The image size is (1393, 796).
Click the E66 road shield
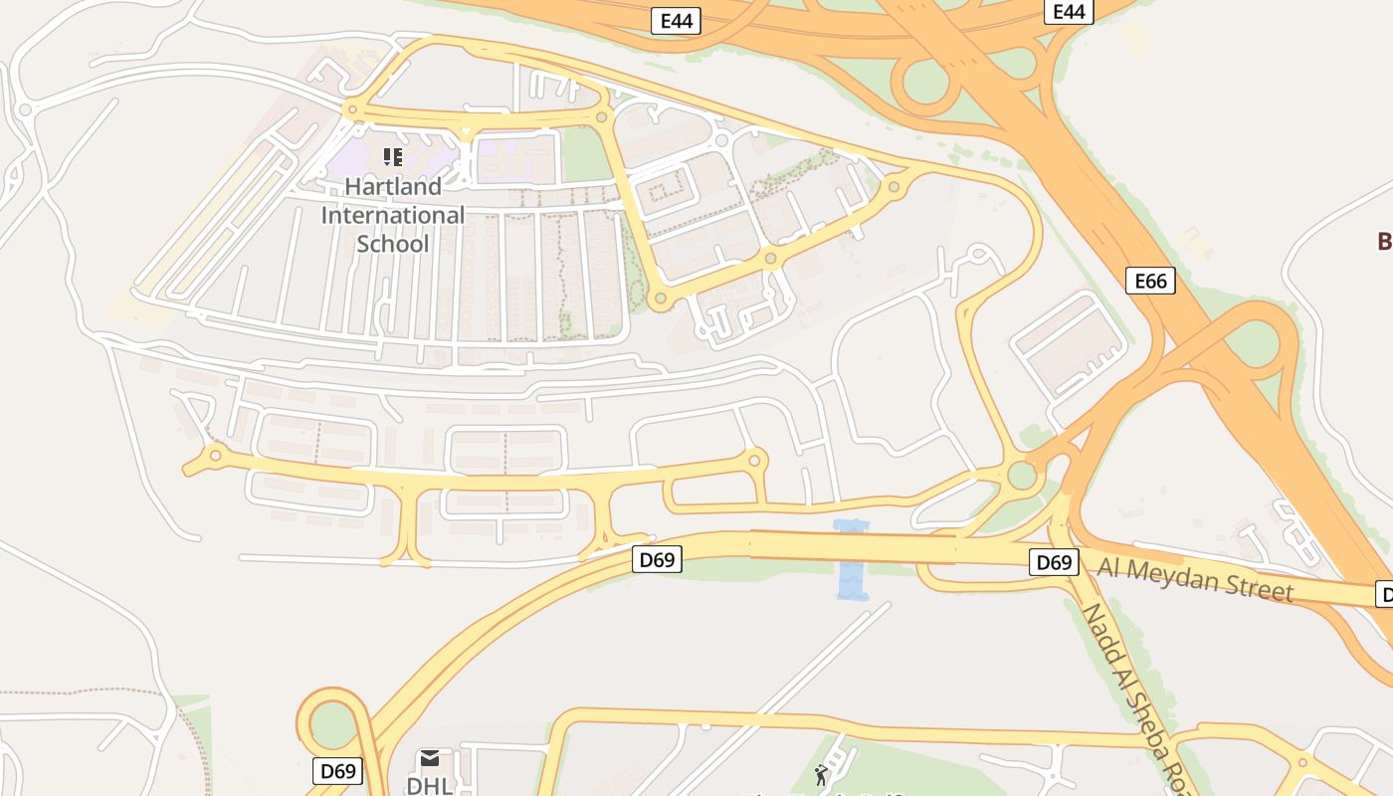click(x=1150, y=281)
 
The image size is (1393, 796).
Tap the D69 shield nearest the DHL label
click(x=338, y=770)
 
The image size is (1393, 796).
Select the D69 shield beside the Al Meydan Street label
click(x=1053, y=563)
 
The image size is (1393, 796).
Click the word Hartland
click(x=393, y=186)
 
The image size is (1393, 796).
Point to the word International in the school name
click(x=392, y=215)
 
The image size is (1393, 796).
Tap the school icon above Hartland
click(x=393, y=157)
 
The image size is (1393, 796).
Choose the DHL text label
click(x=430, y=785)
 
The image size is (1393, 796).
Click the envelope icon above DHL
click(x=430, y=759)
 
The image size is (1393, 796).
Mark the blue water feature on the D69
click(x=852, y=561)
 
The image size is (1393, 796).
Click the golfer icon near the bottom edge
click(x=821, y=775)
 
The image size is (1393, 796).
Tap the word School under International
click(x=392, y=244)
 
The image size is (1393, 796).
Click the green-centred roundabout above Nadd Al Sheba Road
click(x=1022, y=475)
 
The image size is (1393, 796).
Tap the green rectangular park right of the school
click(x=585, y=156)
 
